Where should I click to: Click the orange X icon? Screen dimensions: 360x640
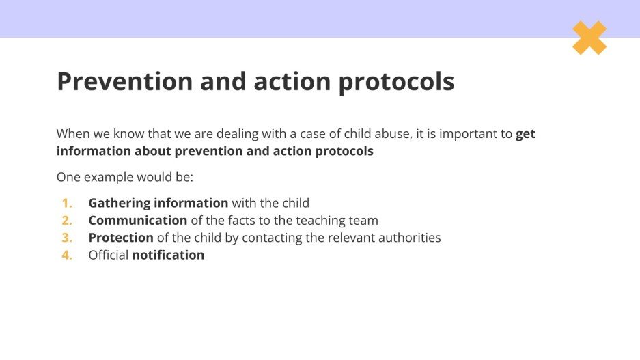(589, 38)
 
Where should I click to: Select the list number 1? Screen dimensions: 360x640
(67, 203)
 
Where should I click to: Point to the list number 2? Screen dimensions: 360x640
(67, 220)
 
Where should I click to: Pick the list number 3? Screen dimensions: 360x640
(67, 238)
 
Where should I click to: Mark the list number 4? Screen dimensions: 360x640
(67, 255)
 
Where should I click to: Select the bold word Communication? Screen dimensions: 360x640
(137, 220)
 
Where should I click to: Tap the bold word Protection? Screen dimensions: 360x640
(121, 238)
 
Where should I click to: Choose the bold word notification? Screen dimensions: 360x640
(168, 255)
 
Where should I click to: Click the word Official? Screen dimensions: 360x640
(108, 255)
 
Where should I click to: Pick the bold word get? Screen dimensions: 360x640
(525, 135)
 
